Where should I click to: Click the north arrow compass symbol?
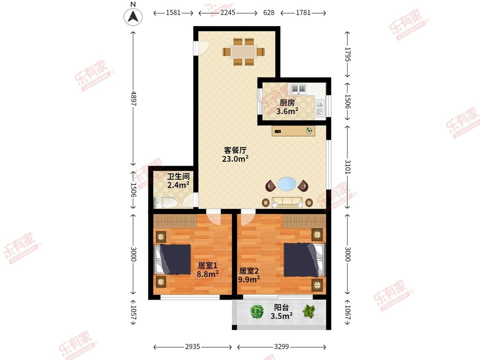[133, 17]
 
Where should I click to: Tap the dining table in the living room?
[244, 52]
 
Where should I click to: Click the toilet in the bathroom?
[165, 202]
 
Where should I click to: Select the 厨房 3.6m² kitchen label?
[287, 107]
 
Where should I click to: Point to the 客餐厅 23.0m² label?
[235, 154]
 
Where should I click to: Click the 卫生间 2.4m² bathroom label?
[178, 181]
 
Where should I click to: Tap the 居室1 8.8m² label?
[207, 270]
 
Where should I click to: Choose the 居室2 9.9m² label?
[249, 275]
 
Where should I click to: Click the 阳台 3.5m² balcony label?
[281, 312]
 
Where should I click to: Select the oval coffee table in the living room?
[287, 184]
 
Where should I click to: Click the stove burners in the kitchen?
[299, 88]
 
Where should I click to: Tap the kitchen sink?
[320, 108]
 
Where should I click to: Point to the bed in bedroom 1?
[173, 259]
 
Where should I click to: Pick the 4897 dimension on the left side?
[133, 98]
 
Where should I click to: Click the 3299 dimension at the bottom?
[281, 346]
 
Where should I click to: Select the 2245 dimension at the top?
[228, 12]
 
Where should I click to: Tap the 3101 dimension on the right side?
[347, 167]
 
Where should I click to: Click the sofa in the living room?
[287, 202]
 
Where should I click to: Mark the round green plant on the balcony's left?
[256, 312]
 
